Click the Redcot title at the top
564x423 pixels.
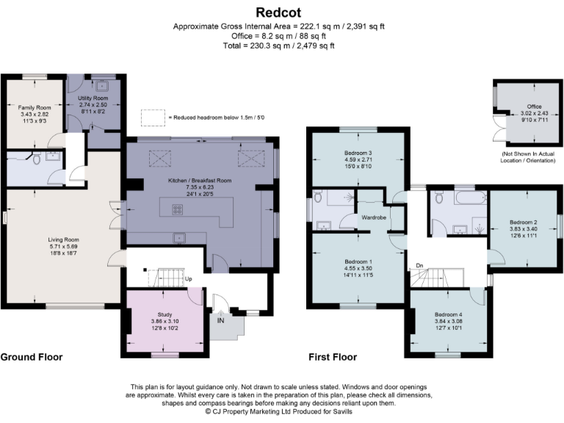pyautogui.click(x=281, y=12)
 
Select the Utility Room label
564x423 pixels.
pyautogui.click(x=93, y=98)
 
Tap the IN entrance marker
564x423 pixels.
pyautogui.click(x=220, y=319)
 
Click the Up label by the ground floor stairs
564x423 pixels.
pyautogui.click(x=189, y=279)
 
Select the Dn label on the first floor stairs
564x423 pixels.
pyautogui.click(x=419, y=266)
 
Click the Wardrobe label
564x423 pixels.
pyautogui.click(x=373, y=218)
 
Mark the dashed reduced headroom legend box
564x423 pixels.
pyautogui.click(x=153, y=117)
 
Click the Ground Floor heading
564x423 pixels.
pyautogui.click(x=31, y=358)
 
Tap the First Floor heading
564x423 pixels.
pyautogui.click(x=333, y=358)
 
